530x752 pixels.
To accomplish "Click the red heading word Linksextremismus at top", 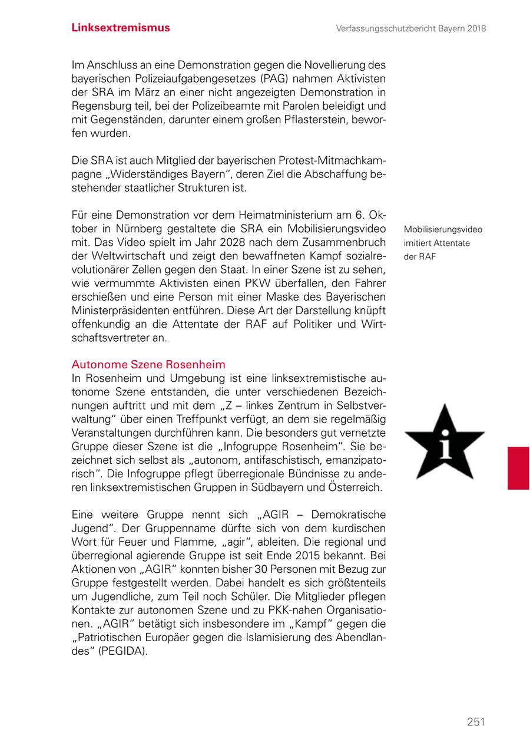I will point(121,28).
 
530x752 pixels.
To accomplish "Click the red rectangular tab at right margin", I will point(518,468).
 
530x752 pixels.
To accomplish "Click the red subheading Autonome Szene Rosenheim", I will point(148,364).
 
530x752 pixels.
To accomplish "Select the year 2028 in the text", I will point(234,243).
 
